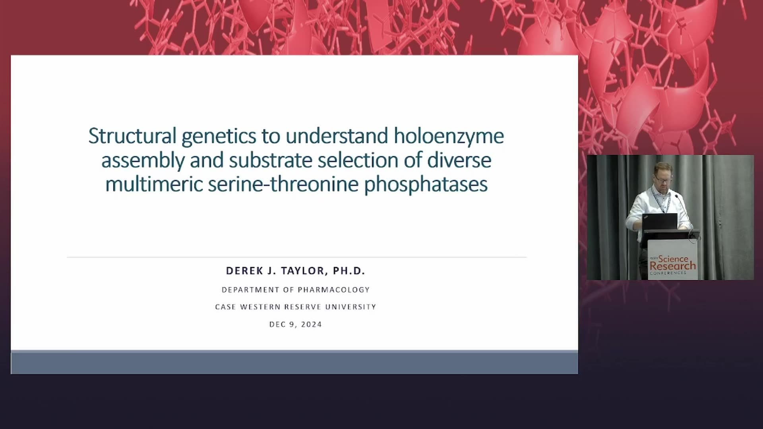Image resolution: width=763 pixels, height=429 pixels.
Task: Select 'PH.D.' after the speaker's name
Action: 349,271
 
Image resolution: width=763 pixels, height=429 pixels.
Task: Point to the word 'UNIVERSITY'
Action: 351,307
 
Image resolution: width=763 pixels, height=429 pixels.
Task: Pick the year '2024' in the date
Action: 312,324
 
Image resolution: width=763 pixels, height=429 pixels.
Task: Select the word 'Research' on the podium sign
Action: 673,266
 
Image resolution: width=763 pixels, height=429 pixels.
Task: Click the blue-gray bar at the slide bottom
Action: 294,363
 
